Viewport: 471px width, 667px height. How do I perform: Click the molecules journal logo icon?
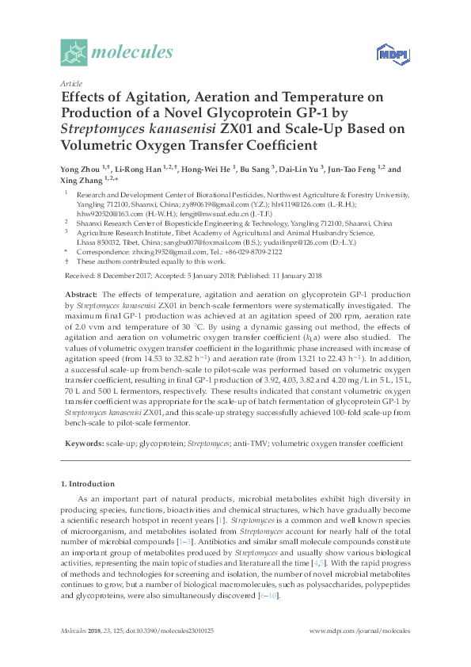click(74, 53)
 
